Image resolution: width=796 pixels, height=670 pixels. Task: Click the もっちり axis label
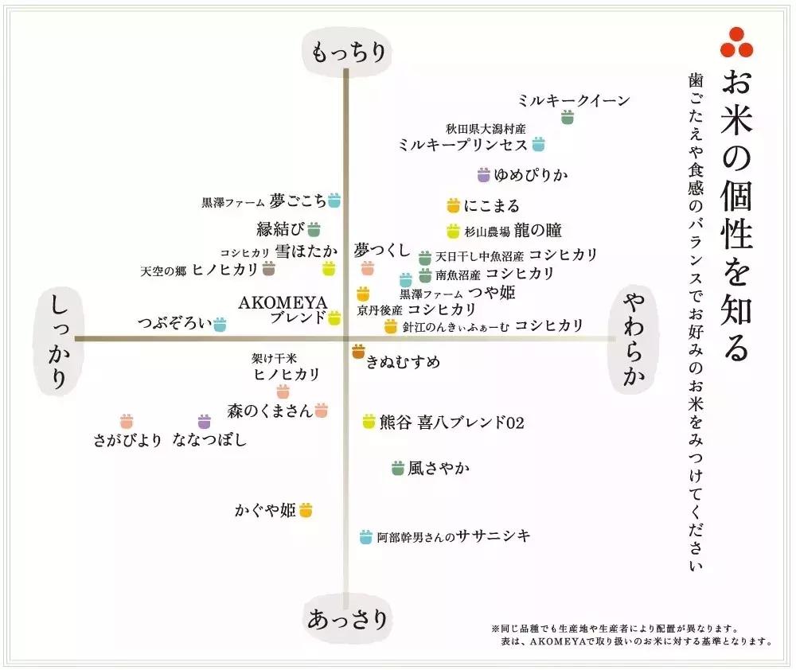coord(348,53)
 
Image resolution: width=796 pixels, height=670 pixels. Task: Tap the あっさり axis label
coord(348,618)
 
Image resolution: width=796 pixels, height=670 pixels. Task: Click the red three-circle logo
coord(736,43)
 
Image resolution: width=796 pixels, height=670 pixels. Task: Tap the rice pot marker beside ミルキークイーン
coord(567,118)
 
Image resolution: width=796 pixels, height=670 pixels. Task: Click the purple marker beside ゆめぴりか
coord(483,175)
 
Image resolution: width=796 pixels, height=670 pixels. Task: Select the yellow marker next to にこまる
coord(453,206)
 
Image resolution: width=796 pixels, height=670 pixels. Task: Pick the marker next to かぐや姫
coord(306,509)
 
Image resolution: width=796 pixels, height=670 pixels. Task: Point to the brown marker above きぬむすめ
coord(358,350)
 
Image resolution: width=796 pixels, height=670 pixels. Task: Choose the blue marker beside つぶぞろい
coord(219,324)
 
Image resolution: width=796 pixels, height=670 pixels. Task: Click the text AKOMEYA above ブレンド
coord(283,302)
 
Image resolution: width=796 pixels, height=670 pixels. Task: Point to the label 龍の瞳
coord(537,231)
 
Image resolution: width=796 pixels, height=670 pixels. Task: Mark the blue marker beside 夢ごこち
coord(334,201)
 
